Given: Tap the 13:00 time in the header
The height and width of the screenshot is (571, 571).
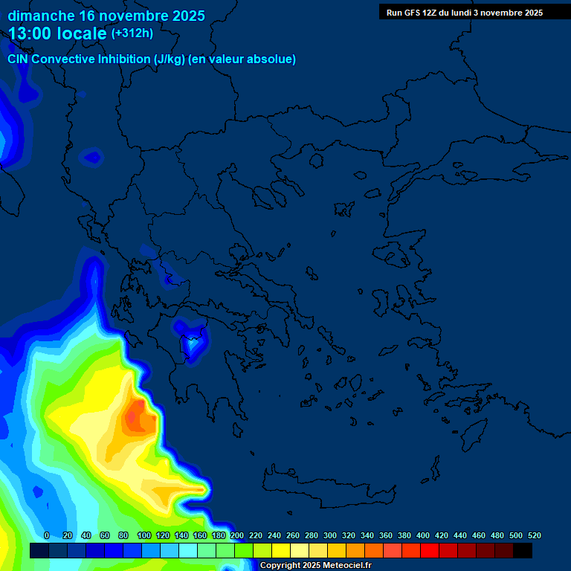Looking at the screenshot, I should click(33, 33).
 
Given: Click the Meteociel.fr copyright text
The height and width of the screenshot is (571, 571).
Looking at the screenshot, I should click(316, 565).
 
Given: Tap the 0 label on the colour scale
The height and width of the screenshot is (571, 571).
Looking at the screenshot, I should click(47, 535).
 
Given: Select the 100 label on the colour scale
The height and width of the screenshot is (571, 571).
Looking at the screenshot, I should click(144, 535).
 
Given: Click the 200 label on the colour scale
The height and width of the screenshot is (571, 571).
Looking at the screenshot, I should click(237, 535).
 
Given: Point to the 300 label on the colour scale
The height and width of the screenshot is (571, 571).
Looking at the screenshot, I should click(330, 535).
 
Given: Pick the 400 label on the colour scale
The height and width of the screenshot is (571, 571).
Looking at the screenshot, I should click(423, 535).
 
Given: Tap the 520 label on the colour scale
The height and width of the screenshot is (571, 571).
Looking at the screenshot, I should click(534, 535).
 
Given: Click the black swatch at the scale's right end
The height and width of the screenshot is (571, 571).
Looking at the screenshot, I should click(523, 551).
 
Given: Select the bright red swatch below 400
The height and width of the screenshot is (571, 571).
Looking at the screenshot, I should click(430, 551).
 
